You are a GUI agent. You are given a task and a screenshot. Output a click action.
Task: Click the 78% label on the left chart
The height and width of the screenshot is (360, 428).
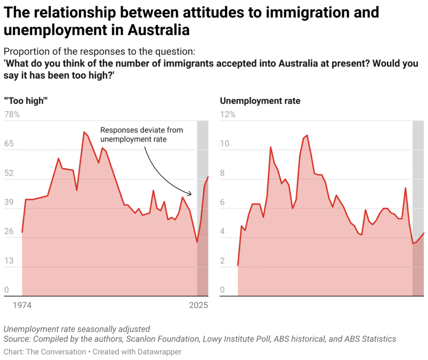(12, 115)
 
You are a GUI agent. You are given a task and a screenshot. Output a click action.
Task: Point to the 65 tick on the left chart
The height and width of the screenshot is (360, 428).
(9, 144)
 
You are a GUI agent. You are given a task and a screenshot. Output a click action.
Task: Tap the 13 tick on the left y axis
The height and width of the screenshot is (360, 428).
(9, 261)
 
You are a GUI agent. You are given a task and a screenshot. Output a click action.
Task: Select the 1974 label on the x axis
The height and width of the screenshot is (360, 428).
(22, 306)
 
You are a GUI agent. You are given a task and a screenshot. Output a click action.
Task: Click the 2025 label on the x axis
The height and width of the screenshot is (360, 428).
(198, 306)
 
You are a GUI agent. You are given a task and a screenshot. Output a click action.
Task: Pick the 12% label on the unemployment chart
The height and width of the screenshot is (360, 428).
(227, 115)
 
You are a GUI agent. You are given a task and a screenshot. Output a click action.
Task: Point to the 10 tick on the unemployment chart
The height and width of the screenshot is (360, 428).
(224, 144)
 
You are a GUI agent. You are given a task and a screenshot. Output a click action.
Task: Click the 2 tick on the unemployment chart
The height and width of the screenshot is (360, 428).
(222, 261)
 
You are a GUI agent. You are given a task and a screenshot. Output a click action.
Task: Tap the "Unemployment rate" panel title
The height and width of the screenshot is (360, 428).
(260, 101)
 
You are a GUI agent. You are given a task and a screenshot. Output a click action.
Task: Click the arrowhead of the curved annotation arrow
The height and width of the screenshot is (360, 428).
(191, 194)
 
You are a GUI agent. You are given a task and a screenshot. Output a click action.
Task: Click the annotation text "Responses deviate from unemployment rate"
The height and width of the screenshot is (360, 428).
(141, 135)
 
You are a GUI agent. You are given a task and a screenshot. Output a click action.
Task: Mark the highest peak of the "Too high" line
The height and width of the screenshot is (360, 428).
(84, 132)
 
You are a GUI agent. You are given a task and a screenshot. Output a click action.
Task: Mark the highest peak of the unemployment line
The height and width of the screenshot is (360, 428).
(307, 135)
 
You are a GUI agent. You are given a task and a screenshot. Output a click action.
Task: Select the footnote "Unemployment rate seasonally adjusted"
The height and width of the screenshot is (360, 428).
(76, 329)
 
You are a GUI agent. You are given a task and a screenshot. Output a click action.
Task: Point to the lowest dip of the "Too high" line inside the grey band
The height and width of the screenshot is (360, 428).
(197, 242)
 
